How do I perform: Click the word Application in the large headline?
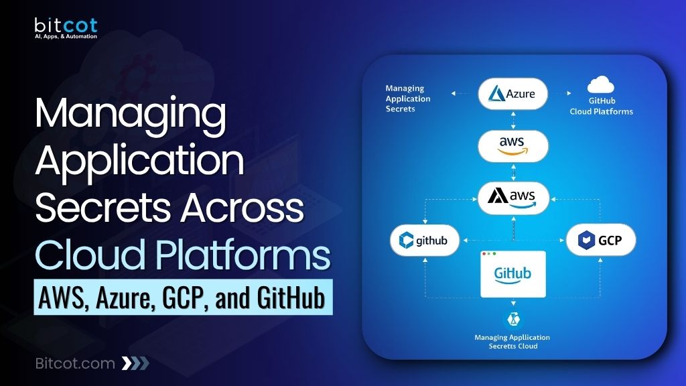click(139, 163)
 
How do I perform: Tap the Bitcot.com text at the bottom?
click(74, 363)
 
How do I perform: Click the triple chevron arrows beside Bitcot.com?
click(135, 363)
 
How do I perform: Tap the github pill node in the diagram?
click(419, 240)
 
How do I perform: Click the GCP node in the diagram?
click(600, 240)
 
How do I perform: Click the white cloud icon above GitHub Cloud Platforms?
click(601, 85)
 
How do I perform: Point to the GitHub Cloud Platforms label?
click(601, 107)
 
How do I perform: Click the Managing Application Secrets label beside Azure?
click(408, 99)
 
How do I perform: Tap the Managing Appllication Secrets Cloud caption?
click(512, 342)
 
